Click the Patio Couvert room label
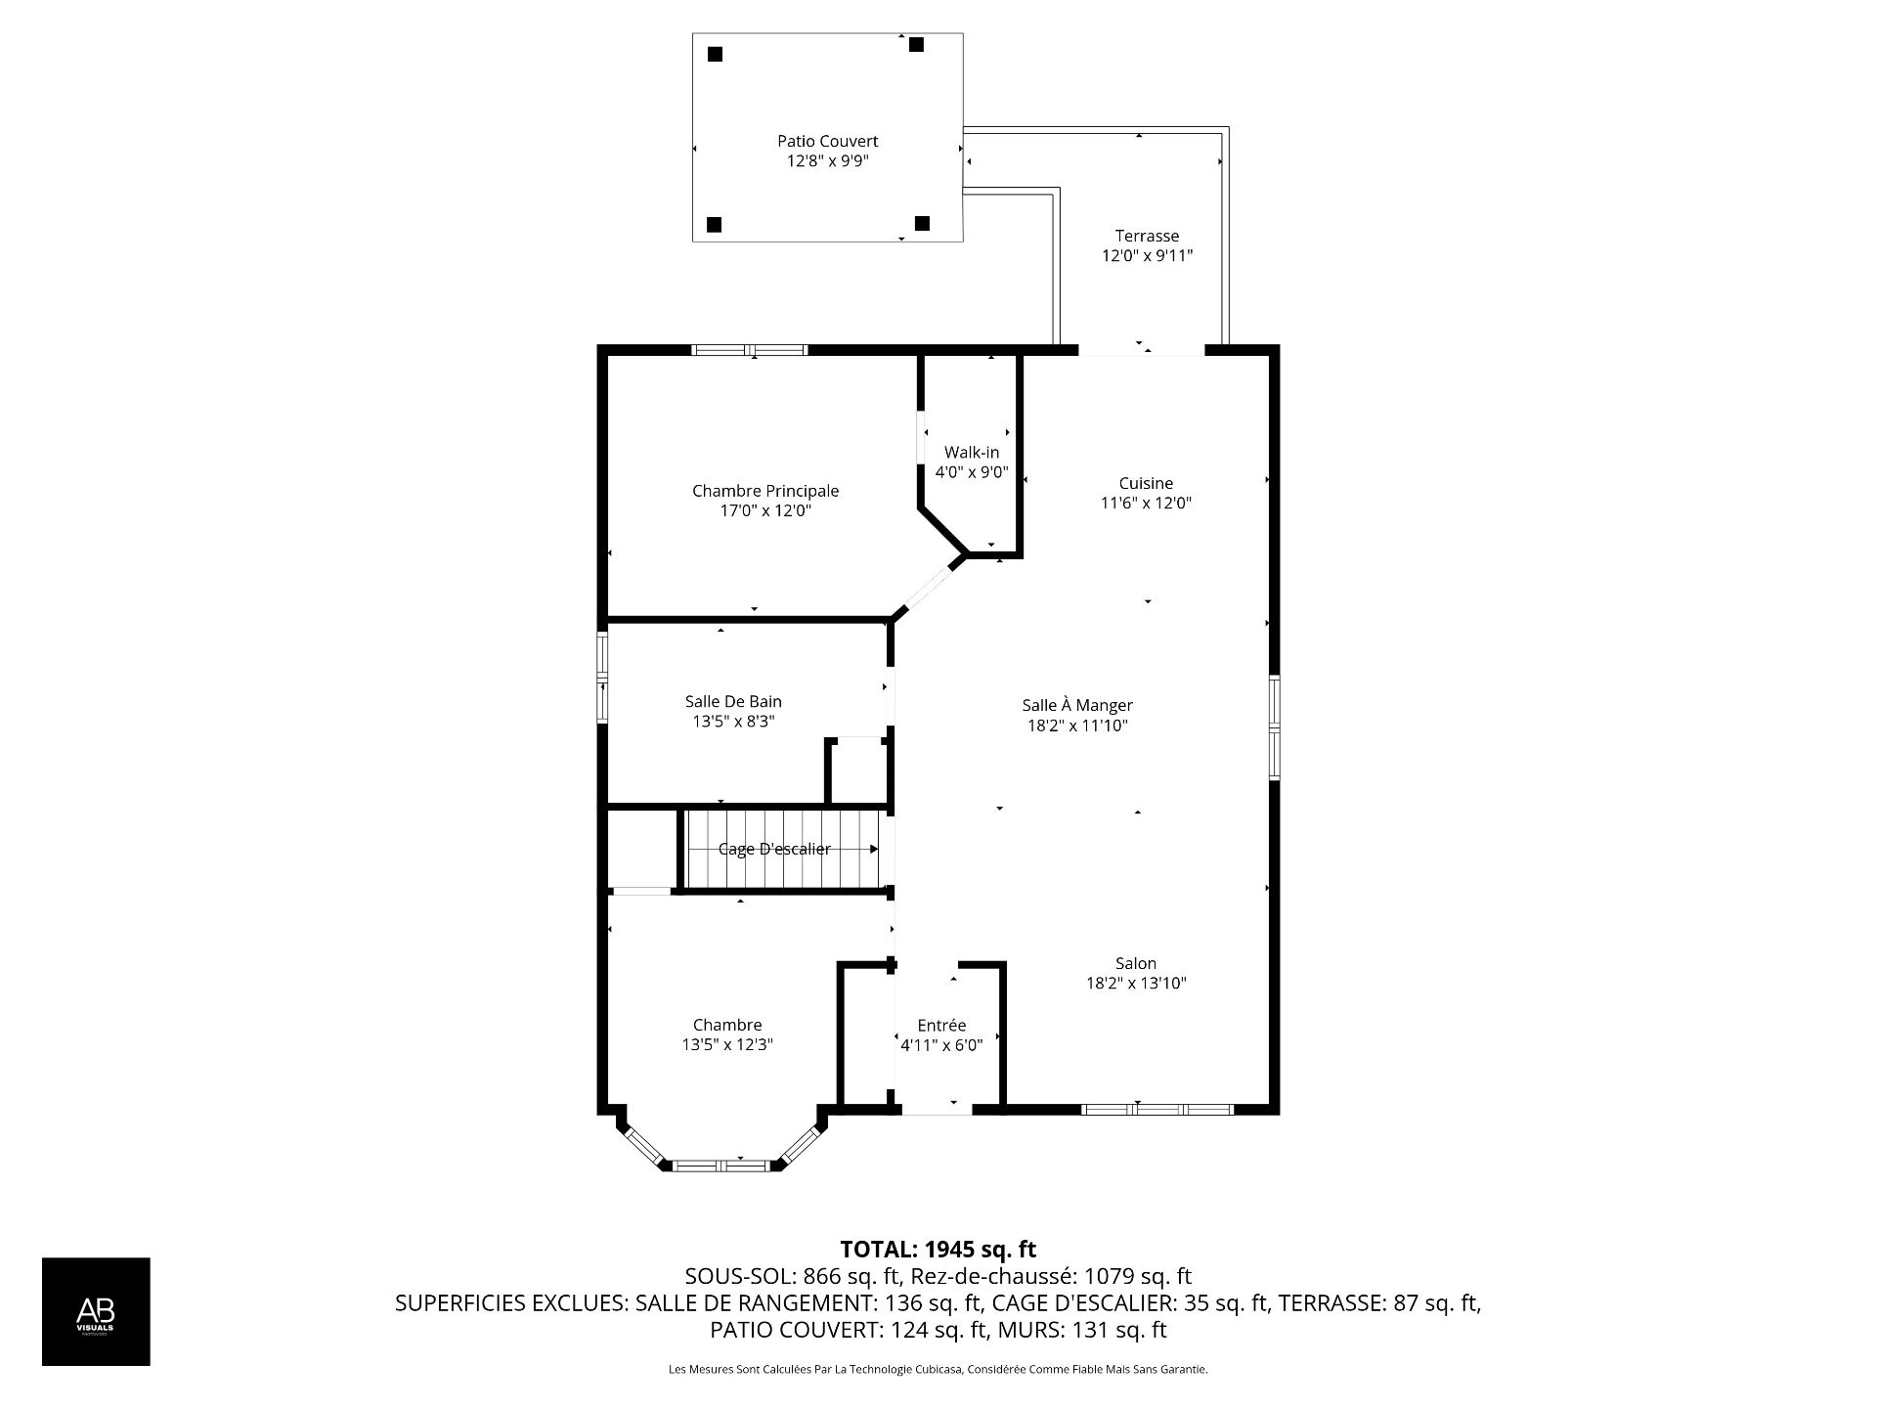[827, 141]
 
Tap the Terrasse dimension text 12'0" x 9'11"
[1147, 256]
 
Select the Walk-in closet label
[971, 453]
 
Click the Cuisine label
[1146, 483]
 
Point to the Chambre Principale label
[765, 491]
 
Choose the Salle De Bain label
[733, 701]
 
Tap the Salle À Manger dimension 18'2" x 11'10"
[1077, 726]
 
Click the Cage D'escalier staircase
[782, 849]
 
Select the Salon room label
[1135, 963]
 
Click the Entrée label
[941, 1025]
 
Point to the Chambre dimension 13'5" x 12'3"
[727, 1044]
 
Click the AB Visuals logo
[96, 1311]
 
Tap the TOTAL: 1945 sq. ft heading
[938, 1249]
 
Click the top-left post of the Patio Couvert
[715, 55]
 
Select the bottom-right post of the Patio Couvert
[921, 224]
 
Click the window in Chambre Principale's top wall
[750, 350]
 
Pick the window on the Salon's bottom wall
[1157, 1109]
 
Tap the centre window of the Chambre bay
[722, 1165]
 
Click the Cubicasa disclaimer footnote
[938, 1370]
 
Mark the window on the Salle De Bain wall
[603, 677]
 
